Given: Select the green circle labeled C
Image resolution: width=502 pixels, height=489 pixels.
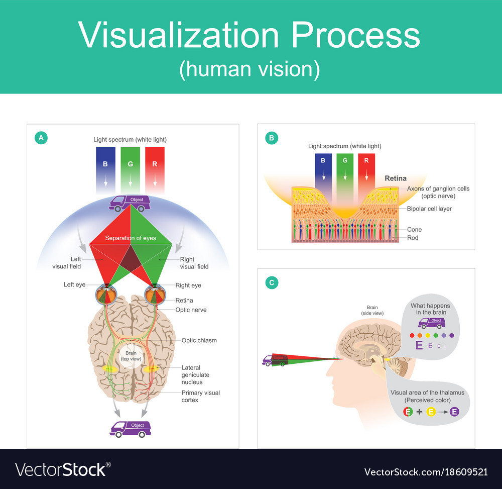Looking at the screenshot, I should (272, 283).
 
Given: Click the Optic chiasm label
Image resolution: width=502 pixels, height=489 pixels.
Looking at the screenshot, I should (199, 340).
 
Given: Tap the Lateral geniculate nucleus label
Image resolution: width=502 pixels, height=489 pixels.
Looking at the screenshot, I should (195, 375).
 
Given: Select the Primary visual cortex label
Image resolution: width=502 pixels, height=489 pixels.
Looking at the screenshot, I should (201, 396).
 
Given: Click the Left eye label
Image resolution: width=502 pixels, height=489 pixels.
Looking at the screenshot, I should (75, 285).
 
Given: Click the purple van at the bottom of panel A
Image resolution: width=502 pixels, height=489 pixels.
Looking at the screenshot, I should (130, 428).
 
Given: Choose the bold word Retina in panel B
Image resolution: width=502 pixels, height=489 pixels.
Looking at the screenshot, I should (396, 178).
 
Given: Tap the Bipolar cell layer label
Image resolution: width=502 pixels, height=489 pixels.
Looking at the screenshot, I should (429, 209).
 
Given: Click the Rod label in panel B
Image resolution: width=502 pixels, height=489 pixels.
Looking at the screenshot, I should (413, 238).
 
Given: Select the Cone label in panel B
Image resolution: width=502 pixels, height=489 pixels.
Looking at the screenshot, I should (414, 229).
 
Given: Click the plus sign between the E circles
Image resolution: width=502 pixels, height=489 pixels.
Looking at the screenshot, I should (419, 412).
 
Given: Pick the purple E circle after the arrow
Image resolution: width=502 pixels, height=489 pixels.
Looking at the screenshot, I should (454, 412).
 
